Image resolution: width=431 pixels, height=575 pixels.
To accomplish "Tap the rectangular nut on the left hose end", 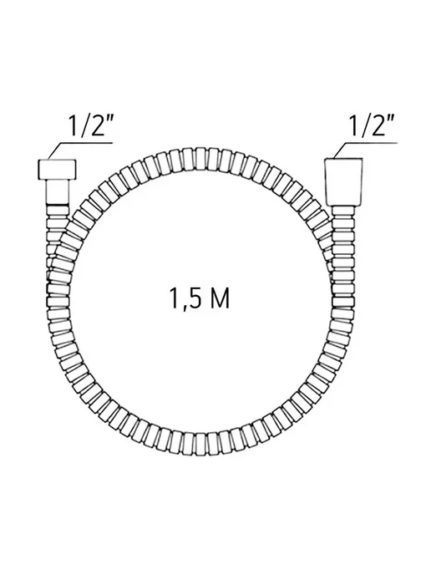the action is click(x=57, y=170).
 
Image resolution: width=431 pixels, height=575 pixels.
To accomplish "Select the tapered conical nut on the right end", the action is click(x=344, y=182).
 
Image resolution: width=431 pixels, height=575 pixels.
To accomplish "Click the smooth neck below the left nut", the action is click(x=57, y=192).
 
